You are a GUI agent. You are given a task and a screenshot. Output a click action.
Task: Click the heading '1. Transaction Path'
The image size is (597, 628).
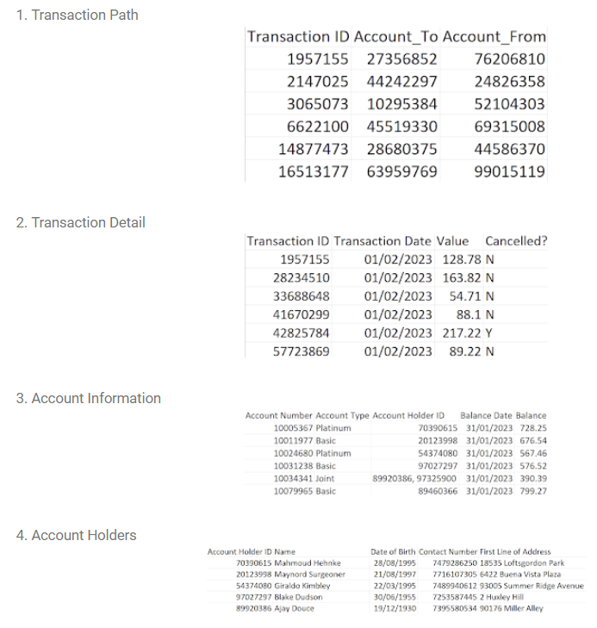(x=77, y=15)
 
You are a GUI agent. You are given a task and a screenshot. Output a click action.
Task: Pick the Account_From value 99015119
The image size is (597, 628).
(x=510, y=171)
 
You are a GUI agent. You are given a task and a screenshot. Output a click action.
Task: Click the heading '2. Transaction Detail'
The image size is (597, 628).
(x=80, y=222)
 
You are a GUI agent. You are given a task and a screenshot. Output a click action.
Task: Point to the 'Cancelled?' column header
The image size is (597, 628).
(x=516, y=241)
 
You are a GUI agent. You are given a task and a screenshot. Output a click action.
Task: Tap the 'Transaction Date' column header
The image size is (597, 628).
(x=382, y=241)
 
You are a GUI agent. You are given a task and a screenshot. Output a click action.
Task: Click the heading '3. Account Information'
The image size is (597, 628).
(x=88, y=398)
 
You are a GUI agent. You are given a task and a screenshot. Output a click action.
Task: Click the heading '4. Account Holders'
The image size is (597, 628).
(x=76, y=535)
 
